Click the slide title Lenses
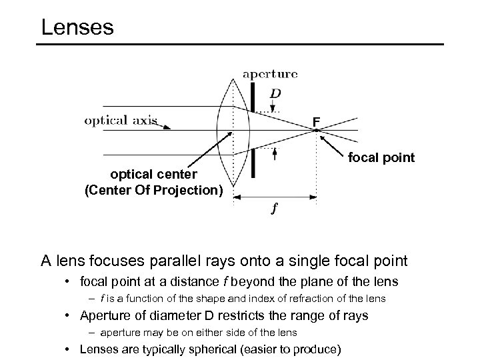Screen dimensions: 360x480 (x=77, y=27)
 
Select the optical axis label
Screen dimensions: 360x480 (x=121, y=121)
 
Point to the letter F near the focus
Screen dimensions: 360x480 (x=316, y=121)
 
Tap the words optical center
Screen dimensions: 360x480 (x=153, y=175)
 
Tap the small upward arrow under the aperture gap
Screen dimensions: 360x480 (x=275, y=153)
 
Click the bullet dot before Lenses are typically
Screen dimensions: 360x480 (x=69, y=348)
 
